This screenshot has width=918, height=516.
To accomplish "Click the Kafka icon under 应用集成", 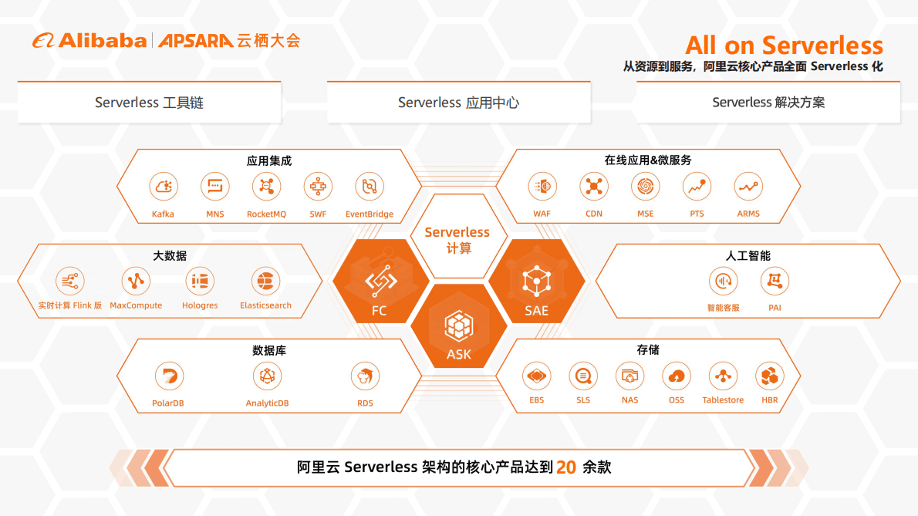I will point(163,187).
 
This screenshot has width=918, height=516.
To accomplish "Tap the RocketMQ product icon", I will point(266,187).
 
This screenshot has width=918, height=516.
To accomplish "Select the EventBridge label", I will point(370,214).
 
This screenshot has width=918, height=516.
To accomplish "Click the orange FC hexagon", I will point(380,282).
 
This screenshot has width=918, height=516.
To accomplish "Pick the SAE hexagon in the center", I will point(536,282).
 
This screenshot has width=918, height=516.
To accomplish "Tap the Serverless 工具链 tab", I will point(149,103).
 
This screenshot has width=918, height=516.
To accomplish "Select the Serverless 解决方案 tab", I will point(768,103).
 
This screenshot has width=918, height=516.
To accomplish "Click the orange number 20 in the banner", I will point(566,467).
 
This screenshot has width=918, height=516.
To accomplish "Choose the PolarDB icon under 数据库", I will point(168,376).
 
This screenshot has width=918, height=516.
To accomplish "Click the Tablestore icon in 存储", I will point(723,376).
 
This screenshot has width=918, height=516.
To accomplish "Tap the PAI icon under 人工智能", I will point(775,281).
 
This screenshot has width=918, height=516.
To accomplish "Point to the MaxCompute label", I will point(136,305).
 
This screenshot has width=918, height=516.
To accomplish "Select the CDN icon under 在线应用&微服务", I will point(594,187).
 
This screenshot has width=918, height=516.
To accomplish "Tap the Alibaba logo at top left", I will point(89,41).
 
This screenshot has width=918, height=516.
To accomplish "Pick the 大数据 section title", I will point(170,256).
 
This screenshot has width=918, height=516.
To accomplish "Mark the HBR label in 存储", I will point(769,400).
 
